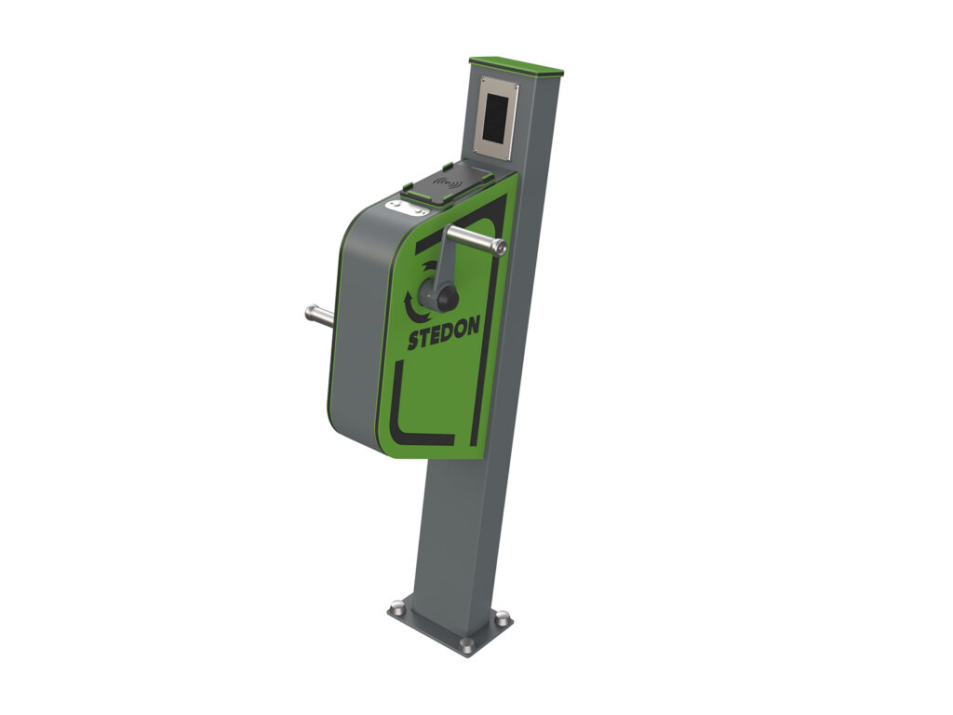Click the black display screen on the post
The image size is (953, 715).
click(x=497, y=115)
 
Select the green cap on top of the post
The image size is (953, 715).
click(x=517, y=66)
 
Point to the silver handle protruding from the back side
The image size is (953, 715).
click(x=318, y=315)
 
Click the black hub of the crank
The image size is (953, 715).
click(x=439, y=297)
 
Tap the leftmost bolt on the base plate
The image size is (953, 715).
click(x=396, y=610)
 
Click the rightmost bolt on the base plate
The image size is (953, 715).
click(x=503, y=617)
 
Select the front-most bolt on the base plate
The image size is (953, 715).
click(x=466, y=643)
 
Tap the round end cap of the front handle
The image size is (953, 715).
click(x=502, y=247)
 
